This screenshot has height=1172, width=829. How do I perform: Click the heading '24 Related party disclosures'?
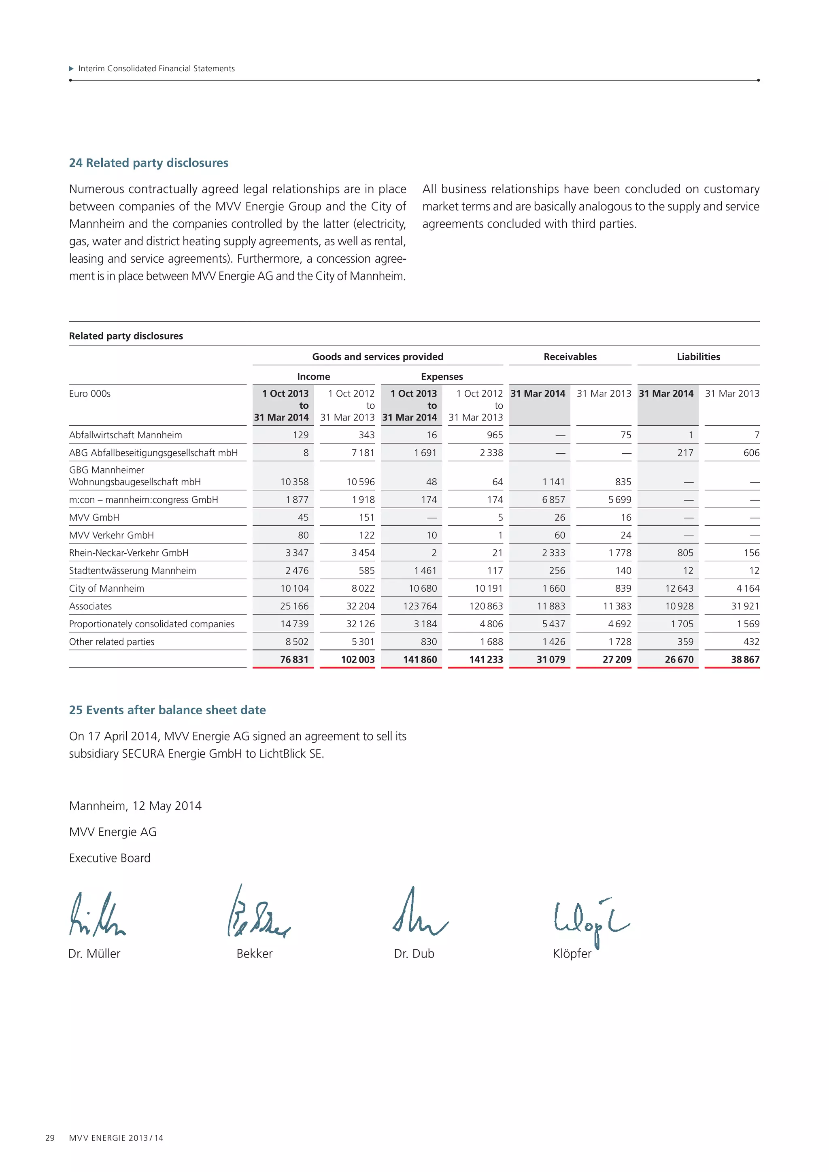[x=149, y=163]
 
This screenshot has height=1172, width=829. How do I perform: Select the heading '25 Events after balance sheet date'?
[x=168, y=710]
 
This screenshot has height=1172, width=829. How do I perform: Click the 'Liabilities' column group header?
[x=698, y=357]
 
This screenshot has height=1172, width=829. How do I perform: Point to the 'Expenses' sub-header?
[x=442, y=377]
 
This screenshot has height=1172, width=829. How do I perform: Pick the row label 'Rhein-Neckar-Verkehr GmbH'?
[x=129, y=553]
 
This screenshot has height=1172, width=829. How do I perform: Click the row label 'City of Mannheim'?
[x=107, y=588]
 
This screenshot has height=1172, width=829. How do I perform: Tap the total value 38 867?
[x=745, y=660]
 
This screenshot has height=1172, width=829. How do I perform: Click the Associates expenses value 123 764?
[x=420, y=606]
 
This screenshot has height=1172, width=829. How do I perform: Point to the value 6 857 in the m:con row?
[x=553, y=500]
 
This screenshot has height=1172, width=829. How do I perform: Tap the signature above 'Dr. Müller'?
[x=97, y=915]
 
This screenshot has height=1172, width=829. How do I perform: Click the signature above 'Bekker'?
[x=258, y=914]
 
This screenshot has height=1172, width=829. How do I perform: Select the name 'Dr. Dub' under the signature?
[x=414, y=953]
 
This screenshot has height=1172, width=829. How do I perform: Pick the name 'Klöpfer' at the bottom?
[x=572, y=953]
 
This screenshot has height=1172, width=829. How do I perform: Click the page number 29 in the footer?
[x=50, y=1138]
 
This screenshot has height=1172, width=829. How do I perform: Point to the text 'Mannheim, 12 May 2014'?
[x=135, y=806]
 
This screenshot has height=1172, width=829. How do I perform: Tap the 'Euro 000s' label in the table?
[x=90, y=393]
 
